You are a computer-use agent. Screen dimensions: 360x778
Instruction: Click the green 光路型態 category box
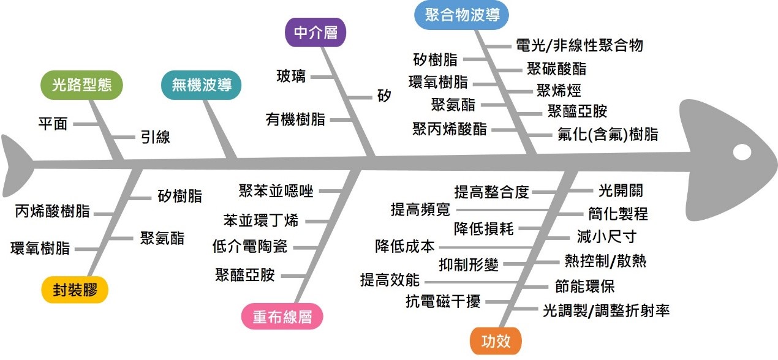point(82,86)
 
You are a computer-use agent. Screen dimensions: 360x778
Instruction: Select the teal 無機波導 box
point(202,86)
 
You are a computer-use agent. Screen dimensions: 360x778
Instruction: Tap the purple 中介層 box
point(316,33)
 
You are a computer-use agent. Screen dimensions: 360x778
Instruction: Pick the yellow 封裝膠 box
point(75,290)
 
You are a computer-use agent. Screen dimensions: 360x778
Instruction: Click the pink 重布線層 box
point(282,317)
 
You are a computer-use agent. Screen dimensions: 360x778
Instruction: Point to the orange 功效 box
point(496,341)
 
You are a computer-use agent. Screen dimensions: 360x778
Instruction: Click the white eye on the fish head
point(742,151)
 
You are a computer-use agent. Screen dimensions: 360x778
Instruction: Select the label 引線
point(156,138)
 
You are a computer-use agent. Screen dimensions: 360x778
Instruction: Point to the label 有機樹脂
point(296,119)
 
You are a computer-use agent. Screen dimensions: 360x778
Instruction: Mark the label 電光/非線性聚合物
point(580,45)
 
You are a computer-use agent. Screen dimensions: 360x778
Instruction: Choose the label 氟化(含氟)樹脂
point(608,135)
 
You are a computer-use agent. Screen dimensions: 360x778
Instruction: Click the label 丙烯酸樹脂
point(53,212)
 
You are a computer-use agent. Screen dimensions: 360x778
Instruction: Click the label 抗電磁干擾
point(443,301)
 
